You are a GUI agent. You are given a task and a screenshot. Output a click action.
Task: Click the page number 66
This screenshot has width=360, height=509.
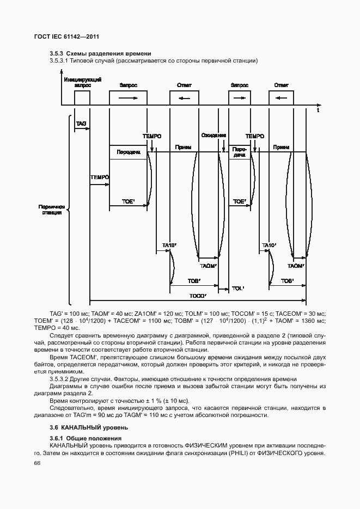(x=37, y=463)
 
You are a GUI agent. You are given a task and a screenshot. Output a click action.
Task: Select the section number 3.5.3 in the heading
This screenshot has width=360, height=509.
(x=57, y=53)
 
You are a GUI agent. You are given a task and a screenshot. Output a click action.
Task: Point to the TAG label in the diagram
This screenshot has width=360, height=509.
(x=81, y=124)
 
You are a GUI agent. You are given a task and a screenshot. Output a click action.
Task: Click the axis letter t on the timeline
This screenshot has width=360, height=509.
(x=318, y=111)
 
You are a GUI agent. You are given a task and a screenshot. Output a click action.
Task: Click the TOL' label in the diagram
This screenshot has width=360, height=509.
(x=238, y=287)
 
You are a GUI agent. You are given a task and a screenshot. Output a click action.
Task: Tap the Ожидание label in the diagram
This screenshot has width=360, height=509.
(x=213, y=136)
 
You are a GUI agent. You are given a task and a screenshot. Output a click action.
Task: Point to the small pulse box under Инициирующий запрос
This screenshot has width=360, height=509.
(x=82, y=97)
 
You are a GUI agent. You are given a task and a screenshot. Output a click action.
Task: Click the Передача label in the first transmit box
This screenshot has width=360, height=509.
(x=128, y=152)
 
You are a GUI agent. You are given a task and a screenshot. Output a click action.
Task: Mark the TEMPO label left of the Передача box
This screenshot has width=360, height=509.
(x=100, y=177)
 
